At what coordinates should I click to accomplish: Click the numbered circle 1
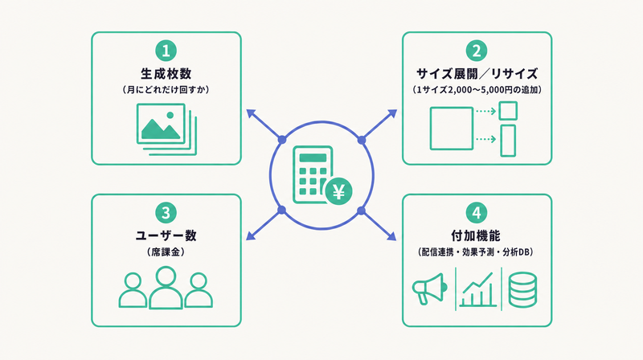coord(166,51)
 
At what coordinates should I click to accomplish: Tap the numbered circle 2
coord(477,51)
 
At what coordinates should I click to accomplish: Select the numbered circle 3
coord(166,213)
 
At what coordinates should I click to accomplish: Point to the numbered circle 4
coord(477,213)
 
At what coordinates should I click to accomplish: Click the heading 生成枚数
coord(166,74)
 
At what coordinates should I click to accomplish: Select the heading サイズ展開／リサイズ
coord(477,74)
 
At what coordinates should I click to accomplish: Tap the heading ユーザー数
coord(166,235)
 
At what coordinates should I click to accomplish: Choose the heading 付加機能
coord(476,235)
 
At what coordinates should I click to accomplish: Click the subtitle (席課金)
coord(166,252)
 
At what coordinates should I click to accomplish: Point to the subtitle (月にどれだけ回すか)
coord(166,90)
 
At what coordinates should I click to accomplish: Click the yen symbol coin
coord(338,191)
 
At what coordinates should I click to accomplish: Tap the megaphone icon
coord(429,288)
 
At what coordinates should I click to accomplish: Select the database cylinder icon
coord(522,289)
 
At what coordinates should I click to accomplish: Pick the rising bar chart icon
coord(477,290)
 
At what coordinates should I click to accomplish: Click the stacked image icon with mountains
coord(166,129)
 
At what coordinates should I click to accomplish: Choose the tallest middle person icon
coord(166,288)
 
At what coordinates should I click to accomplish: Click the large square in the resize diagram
coord(452,129)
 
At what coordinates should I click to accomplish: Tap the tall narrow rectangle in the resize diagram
coord(508,141)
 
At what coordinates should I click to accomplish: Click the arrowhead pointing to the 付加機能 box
coord(392,235)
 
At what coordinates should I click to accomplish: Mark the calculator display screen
coord(313,157)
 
